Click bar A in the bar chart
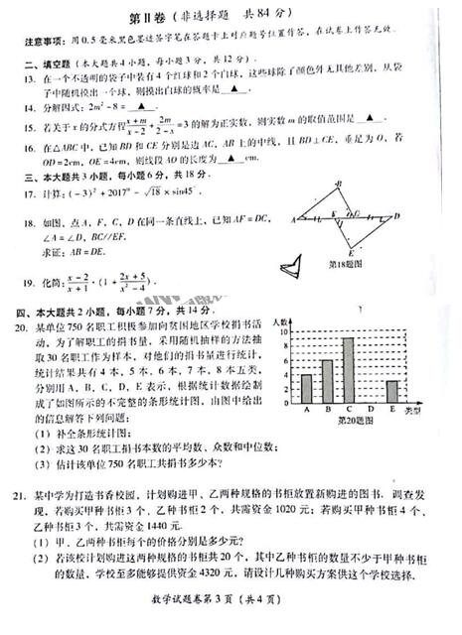point(307,387)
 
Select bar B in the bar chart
point(327,381)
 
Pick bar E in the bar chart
point(391,391)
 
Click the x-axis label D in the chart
point(370,409)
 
